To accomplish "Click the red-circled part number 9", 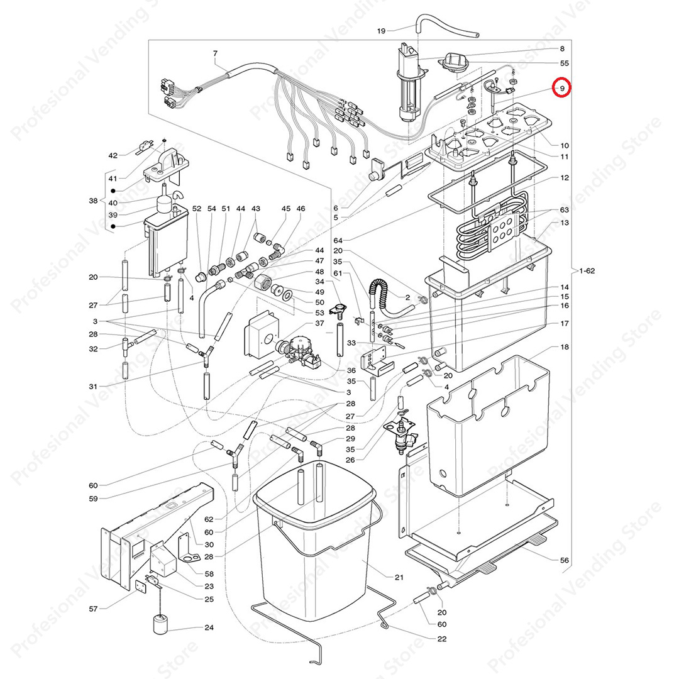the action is pyautogui.click(x=562, y=89).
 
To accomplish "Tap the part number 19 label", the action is pyautogui.click(x=381, y=31).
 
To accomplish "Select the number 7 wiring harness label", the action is pyautogui.click(x=215, y=53).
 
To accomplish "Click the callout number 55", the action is pyautogui.click(x=564, y=63).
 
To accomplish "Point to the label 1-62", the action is pyautogui.click(x=587, y=271).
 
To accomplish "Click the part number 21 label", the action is pyautogui.click(x=399, y=577).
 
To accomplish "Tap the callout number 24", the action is pyautogui.click(x=209, y=627).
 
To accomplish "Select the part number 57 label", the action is pyautogui.click(x=93, y=609).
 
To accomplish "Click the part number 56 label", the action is pyautogui.click(x=564, y=560).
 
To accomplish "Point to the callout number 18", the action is pyautogui.click(x=564, y=347).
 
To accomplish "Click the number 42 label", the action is pyautogui.click(x=113, y=155).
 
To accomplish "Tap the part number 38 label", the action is pyautogui.click(x=93, y=201).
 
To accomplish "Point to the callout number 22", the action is pyautogui.click(x=442, y=639).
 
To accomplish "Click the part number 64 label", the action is pyautogui.click(x=338, y=240).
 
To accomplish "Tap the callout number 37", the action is pyautogui.click(x=319, y=323).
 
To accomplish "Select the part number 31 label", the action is pyautogui.click(x=93, y=386).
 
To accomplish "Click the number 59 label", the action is pyautogui.click(x=93, y=499).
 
